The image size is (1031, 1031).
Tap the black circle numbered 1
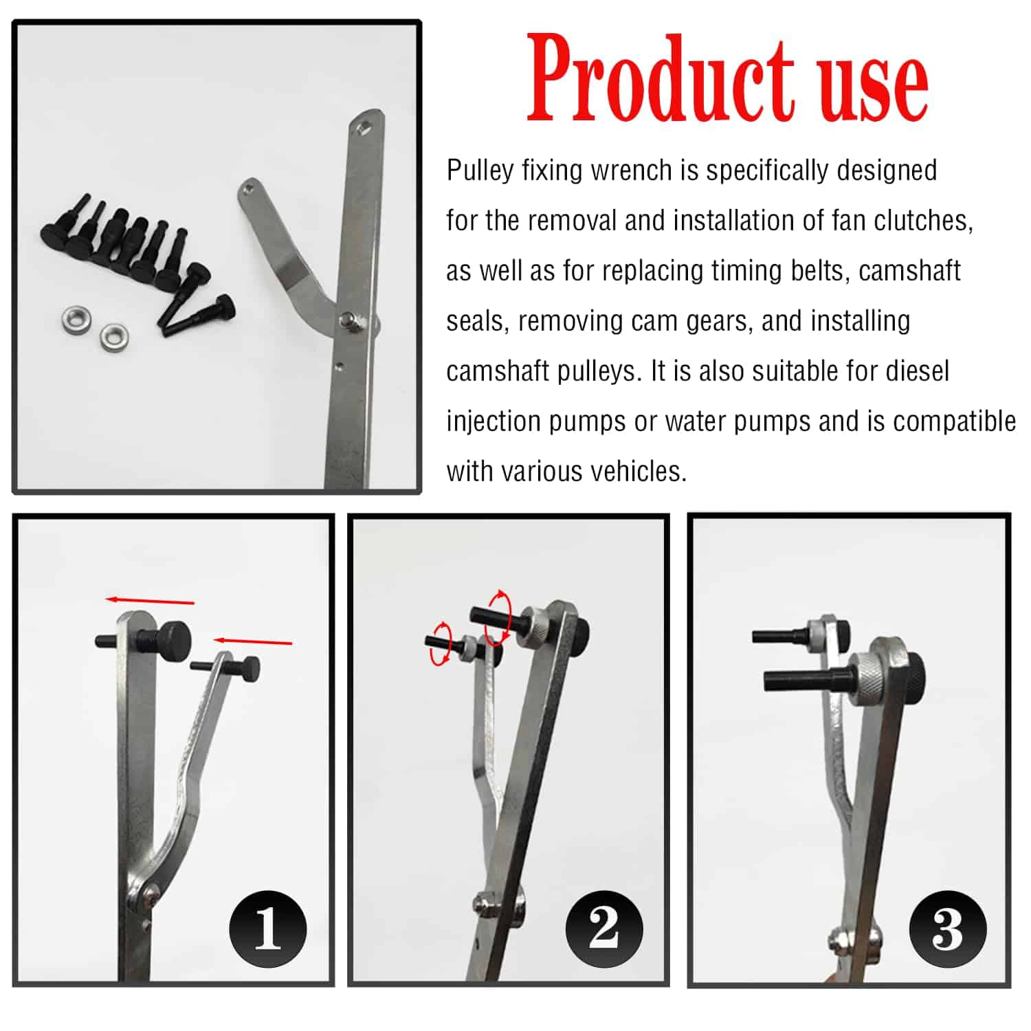pos(267,929)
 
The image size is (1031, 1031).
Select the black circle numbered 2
pos(603,929)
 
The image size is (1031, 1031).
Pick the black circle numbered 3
pos(947,930)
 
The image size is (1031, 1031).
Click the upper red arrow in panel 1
pos(150,601)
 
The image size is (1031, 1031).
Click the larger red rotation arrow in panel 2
pos(498,617)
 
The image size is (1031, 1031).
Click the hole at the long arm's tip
pos(363,126)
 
